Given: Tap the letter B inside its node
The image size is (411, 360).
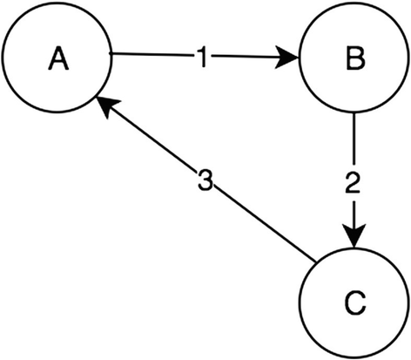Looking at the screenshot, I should (353, 61).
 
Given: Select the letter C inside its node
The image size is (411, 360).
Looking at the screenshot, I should (353, 303).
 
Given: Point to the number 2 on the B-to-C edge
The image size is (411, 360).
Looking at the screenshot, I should (353, 184).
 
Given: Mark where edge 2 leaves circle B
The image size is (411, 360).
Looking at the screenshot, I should (353, 114).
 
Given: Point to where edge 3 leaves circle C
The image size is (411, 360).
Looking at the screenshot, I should (313, 258).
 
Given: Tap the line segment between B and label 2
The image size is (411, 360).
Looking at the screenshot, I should (353, 139).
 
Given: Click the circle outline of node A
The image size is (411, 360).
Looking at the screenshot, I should (58, 5).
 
